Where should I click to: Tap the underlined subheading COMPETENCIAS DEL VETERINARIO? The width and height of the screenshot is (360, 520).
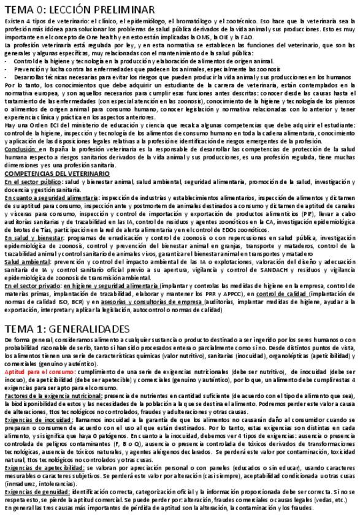(x=57, y=174)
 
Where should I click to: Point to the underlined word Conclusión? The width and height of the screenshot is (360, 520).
(x=20, y=148)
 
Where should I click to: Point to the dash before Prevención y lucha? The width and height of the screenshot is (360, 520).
(x=6, y=69)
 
